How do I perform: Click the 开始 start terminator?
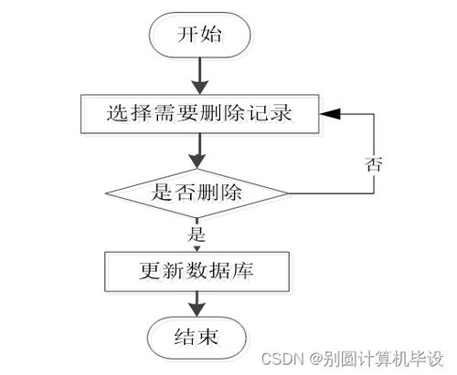point(198,36)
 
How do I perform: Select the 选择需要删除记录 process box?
point(198,114)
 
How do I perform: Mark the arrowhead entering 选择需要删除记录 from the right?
point(327,114)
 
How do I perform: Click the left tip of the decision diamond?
point(106,193)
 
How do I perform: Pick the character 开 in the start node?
point(186,36)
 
